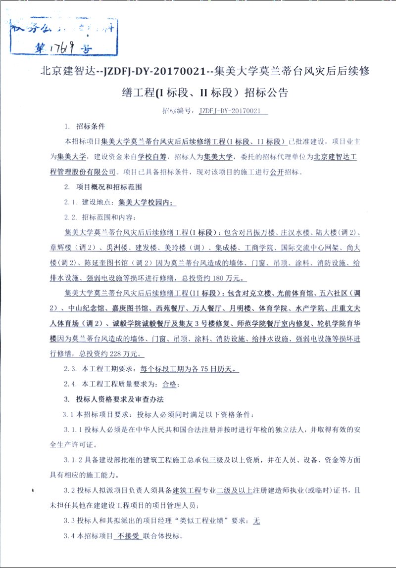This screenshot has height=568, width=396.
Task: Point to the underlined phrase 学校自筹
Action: [153, 157]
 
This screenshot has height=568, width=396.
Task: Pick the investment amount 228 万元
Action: [128, 354]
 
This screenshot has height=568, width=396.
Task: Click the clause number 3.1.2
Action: [74, 460]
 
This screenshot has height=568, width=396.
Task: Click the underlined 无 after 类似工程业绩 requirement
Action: [256, 521]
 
